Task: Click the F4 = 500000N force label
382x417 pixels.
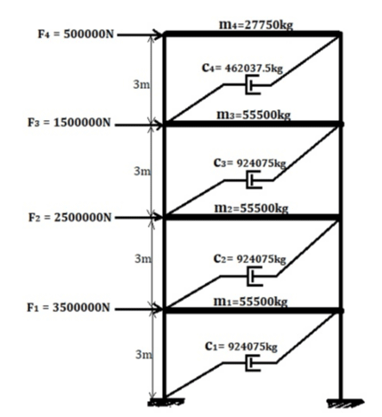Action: [76, 34]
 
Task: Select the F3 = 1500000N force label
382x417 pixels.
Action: [69, 123]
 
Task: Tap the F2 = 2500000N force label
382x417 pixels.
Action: [69, 217]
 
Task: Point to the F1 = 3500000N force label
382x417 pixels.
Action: [69, 308]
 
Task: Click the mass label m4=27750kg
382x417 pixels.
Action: [256, 25]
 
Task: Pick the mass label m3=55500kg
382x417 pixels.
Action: [254, 115]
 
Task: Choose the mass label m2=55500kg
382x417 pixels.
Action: [251, 208]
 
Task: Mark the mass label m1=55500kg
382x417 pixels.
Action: [250, 301]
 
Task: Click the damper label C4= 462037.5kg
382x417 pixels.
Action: [242, 68]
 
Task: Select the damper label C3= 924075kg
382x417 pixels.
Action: [249, 163]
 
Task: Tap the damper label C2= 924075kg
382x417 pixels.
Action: [249, 259]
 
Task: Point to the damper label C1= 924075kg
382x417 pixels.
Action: [241, 346]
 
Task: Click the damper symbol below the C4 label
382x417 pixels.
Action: [253, 84]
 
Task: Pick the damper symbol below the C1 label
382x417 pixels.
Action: [253, 363]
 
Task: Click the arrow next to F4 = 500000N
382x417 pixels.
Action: [140, 35]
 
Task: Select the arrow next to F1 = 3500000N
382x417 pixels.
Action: [139, 309]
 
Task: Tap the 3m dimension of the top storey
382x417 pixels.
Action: [142, 84]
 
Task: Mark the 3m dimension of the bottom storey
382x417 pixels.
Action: [144, 354]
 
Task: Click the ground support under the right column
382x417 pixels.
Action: [345, 404]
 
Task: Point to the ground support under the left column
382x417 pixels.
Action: [166, 402]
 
